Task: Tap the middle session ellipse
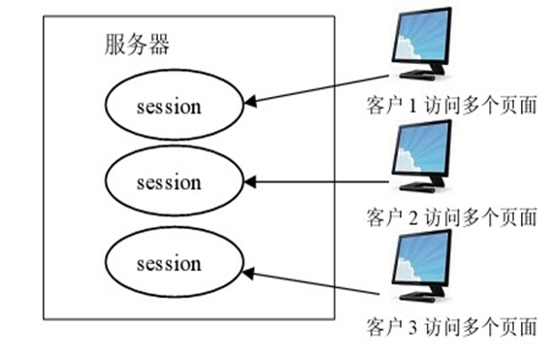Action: pos(169,181)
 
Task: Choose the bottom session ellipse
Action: pos(169,263)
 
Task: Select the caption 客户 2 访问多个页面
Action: pos(451,215)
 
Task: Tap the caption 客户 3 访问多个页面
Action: pos(451,325)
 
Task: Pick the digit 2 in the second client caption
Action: pos(410,215)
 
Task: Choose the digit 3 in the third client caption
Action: pos(410,325)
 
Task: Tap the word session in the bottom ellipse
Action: pos(169,263)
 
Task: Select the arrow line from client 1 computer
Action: pos(320,86)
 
